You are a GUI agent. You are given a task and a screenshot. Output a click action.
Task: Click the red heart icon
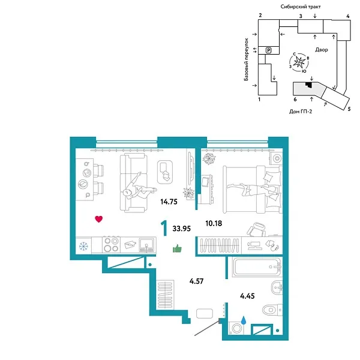[x=98, y=219]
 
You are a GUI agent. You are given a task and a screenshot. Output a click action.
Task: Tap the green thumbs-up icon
[x=177, y=248]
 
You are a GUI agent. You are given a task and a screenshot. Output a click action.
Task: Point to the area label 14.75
[x=169, y=202]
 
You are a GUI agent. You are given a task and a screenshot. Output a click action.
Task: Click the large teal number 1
[x=163, y=229]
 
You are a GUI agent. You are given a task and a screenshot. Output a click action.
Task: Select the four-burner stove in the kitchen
[x=111, y=245]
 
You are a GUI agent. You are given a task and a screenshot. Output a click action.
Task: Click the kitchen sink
[x=146, y=245]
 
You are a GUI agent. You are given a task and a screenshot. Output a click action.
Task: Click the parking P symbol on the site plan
[x=269, y=50]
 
